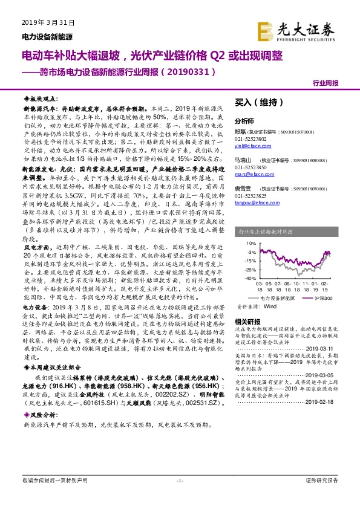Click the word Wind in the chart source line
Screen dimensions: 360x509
(270, 307)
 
